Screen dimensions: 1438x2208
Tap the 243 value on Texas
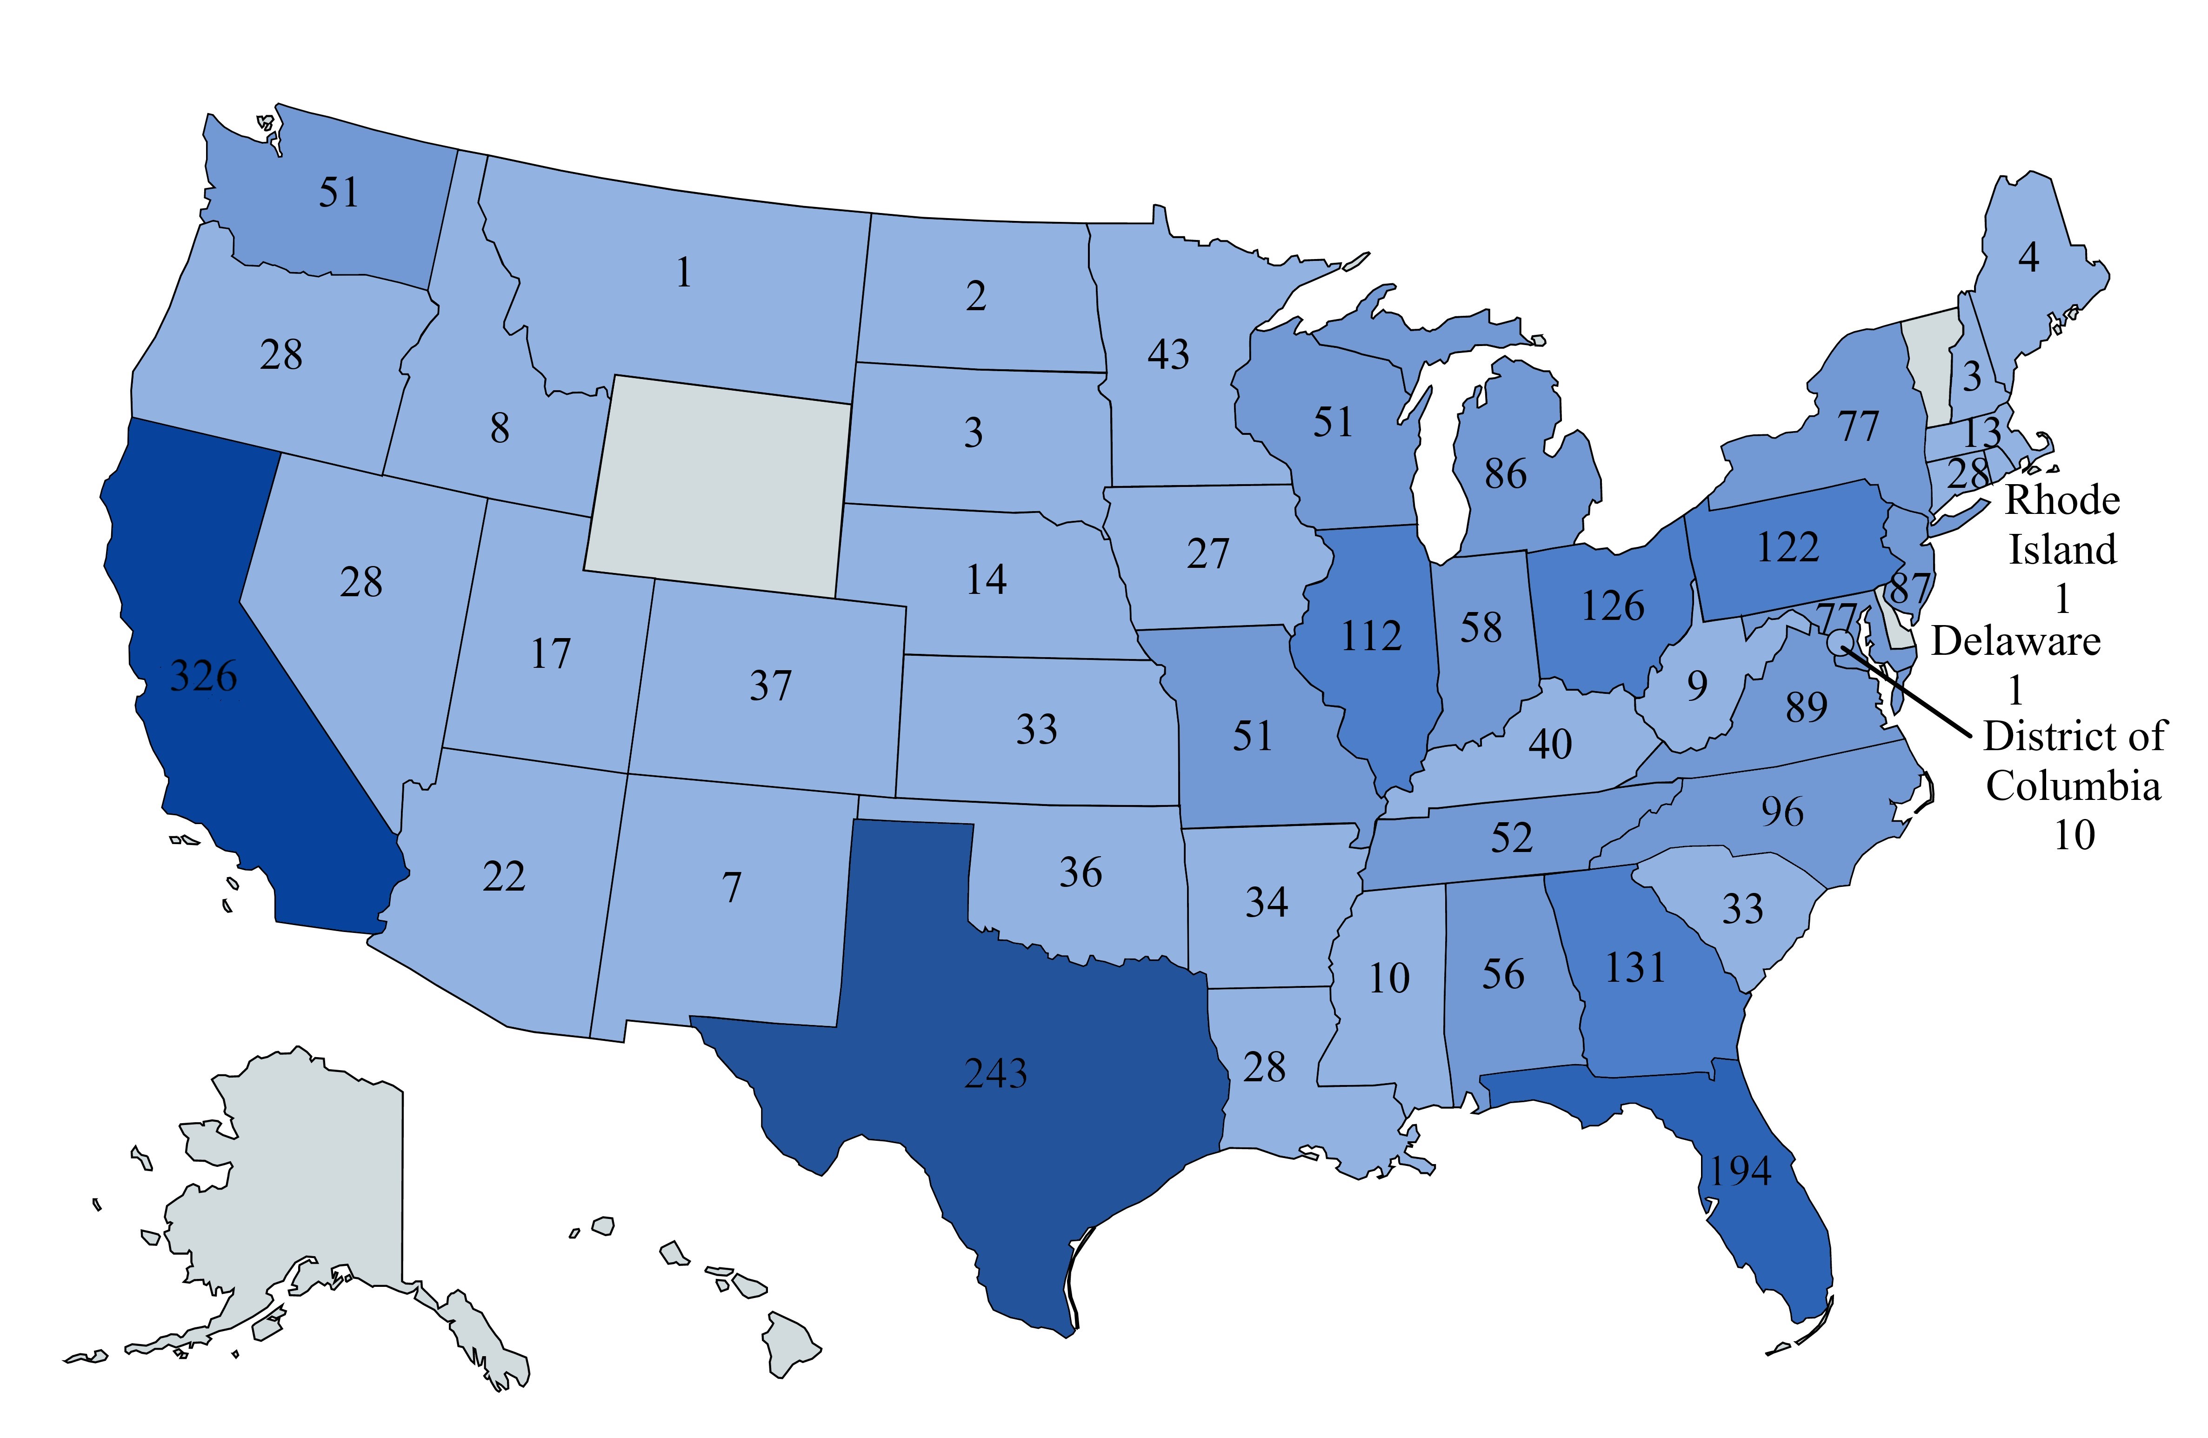coord(995,1073)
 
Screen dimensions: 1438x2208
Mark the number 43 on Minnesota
coord(1168,354)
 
